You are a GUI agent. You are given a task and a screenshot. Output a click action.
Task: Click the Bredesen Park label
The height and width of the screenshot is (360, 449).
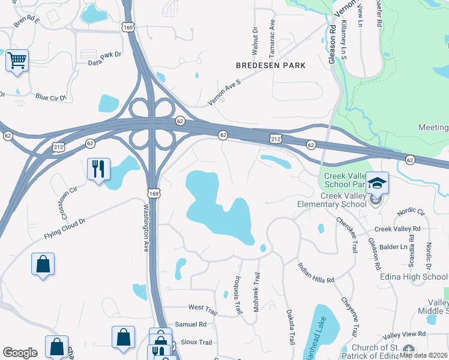pyautogui.click(x=271, y=65)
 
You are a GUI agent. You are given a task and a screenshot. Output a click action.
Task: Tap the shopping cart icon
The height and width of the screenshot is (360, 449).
pyautogui.click(x=17, y=60)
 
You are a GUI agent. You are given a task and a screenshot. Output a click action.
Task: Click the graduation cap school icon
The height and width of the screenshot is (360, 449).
pyautogui.click(x=378, y=182)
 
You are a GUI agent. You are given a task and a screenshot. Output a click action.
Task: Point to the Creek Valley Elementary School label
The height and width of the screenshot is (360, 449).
pyautogui.click(x=332, y=200)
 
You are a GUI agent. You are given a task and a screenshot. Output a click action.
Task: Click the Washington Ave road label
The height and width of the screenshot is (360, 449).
pyautogui.click(x=146, y=228)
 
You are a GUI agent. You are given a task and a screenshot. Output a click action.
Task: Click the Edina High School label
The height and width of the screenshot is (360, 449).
pyautogui.click(x=414, y=277)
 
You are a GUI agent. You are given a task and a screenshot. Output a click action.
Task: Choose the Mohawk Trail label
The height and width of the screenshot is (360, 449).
pyautogui.click(x=256, y=293)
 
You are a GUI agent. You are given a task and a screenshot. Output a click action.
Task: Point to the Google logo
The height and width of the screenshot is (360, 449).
pyautogui.click(x=20, y=352)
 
